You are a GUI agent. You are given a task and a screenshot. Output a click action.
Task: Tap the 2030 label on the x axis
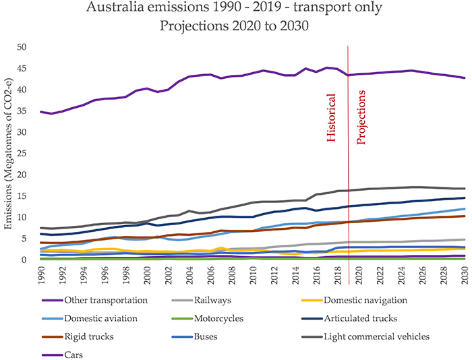click(465, 274)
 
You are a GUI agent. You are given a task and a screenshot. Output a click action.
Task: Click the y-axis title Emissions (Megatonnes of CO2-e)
click(9, 153)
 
